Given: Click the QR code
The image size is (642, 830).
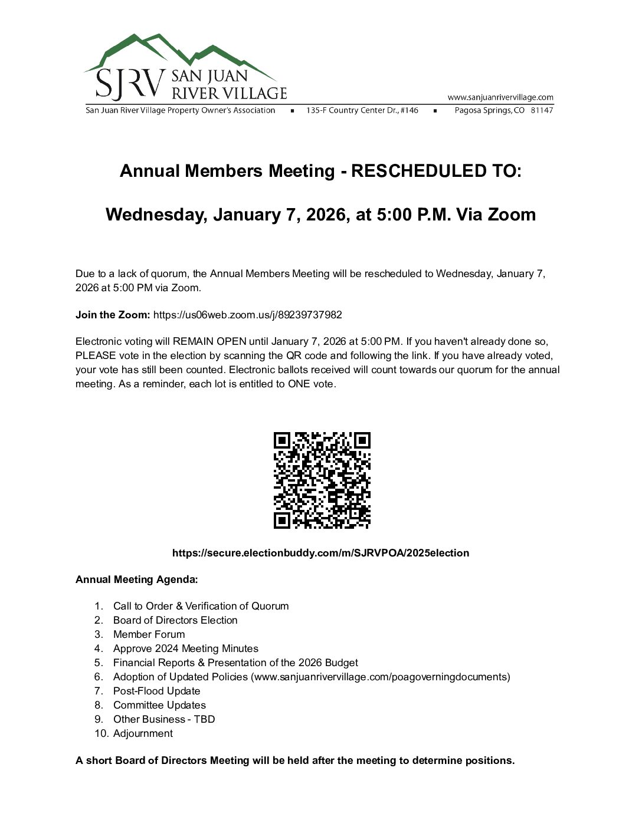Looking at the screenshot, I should pyautogui.click(x=322, y=480).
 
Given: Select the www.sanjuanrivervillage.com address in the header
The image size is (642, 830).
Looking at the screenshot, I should pyautogui.click(x=500, y=97).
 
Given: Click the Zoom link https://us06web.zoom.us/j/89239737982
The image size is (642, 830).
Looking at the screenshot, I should pyautogui.click(x=247, y=315).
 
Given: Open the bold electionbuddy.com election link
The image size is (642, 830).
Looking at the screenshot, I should pyautogui.click(x=320, y=553).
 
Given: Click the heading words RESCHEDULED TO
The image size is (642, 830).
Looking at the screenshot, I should pyautogui.click(x=436, y=171).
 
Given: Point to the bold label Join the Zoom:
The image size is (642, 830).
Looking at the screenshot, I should pyautogui.click(x=113, y=315).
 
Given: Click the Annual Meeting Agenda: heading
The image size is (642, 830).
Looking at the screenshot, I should pyautogui.click(x=136, y=579).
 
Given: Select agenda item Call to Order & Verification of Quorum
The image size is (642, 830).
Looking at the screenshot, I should pyautogui.click(x=201, y=606).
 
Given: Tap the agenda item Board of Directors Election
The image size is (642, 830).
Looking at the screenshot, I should pyautogui.click(x=175, y=620).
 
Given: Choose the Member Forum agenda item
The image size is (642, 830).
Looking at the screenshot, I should pyautogui.click(x=149, y=634).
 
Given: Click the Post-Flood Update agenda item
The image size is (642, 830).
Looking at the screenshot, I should pyautogui.click(x=156, y=691).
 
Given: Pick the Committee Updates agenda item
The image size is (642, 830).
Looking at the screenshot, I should pyautogui.click(x=159, y=705).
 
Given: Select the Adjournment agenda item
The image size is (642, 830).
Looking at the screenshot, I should pyautogui.click(x=143, y=733).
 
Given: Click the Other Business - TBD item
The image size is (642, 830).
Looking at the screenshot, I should pyautogui.click(x=164, y=719).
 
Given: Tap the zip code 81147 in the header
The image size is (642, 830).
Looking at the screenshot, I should pyautogui.click(x=542, y=110).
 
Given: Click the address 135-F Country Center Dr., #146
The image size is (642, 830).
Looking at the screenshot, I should pyautogui.click(x=362, y=110).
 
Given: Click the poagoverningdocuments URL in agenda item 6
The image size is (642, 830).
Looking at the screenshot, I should pyautogui.click(x=381, y=677).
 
